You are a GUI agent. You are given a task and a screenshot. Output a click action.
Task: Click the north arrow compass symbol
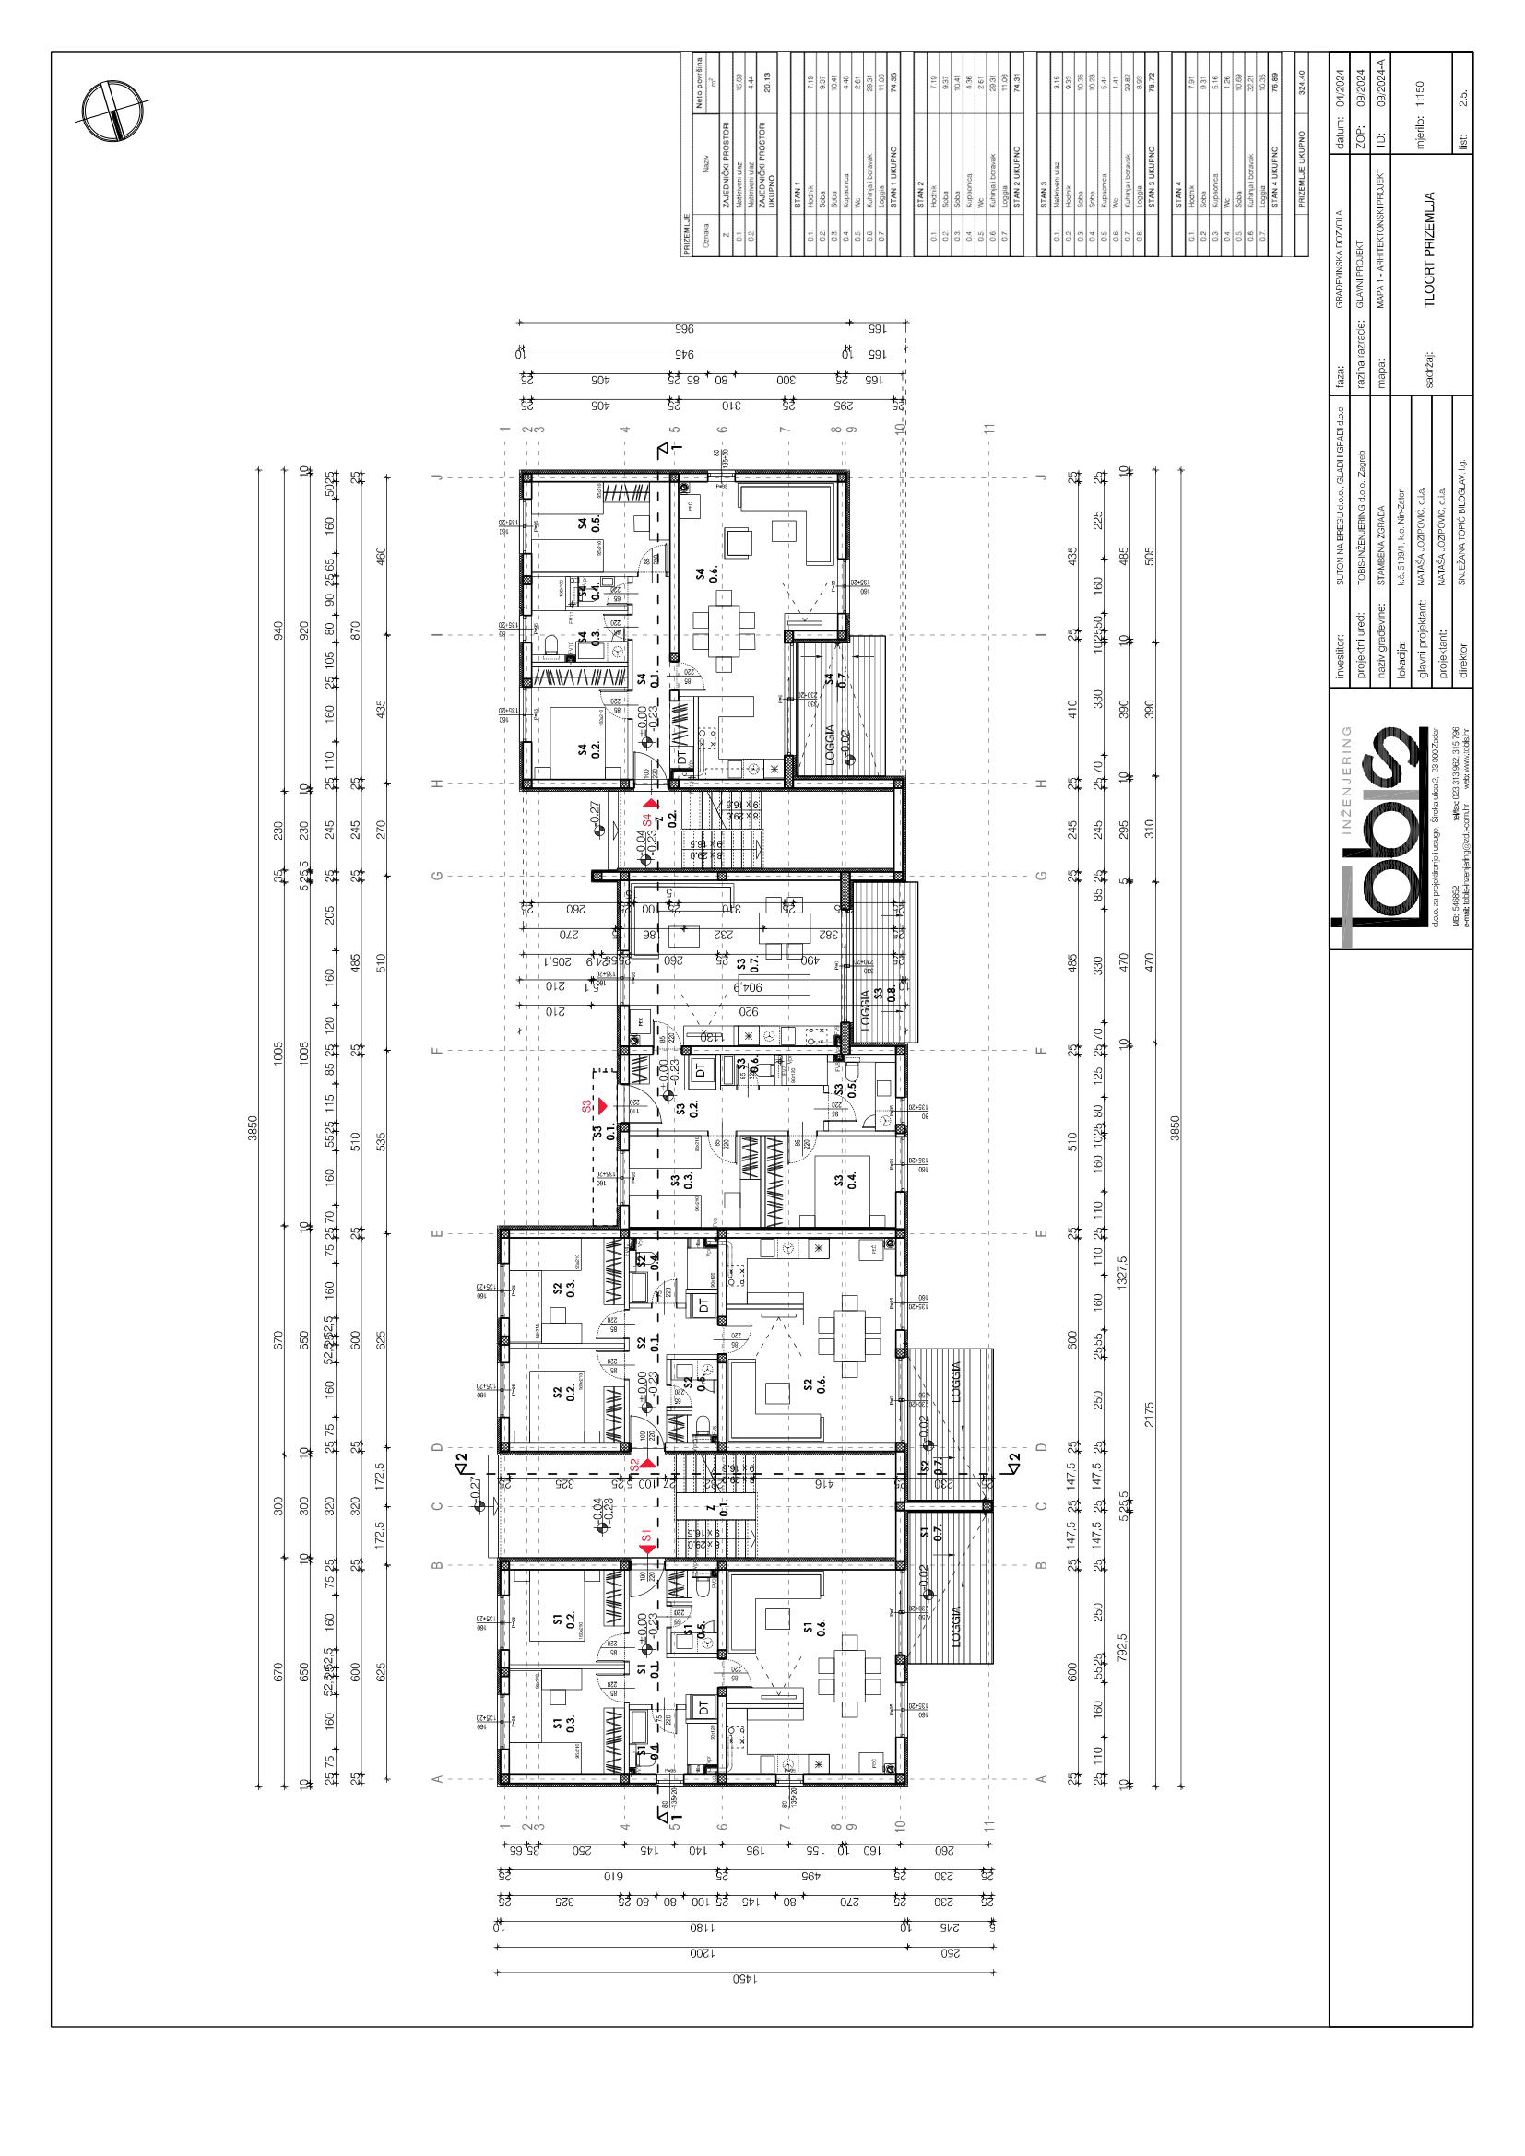point(112,111)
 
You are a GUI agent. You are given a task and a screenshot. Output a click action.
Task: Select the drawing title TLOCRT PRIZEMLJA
point(1429,250)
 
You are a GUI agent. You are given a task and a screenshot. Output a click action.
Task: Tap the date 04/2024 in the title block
point(1340,89)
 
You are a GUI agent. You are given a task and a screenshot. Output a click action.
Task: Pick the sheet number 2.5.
point(1463,98)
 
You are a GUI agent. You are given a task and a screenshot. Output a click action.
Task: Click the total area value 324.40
point(1302,83)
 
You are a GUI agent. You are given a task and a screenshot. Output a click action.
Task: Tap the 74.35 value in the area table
point(893,83)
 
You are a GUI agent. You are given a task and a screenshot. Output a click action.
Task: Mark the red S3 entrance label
point(588,1106)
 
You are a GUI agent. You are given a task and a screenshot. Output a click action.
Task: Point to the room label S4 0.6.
point(706,573)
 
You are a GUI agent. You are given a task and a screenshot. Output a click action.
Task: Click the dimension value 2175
point(1149,1414)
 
